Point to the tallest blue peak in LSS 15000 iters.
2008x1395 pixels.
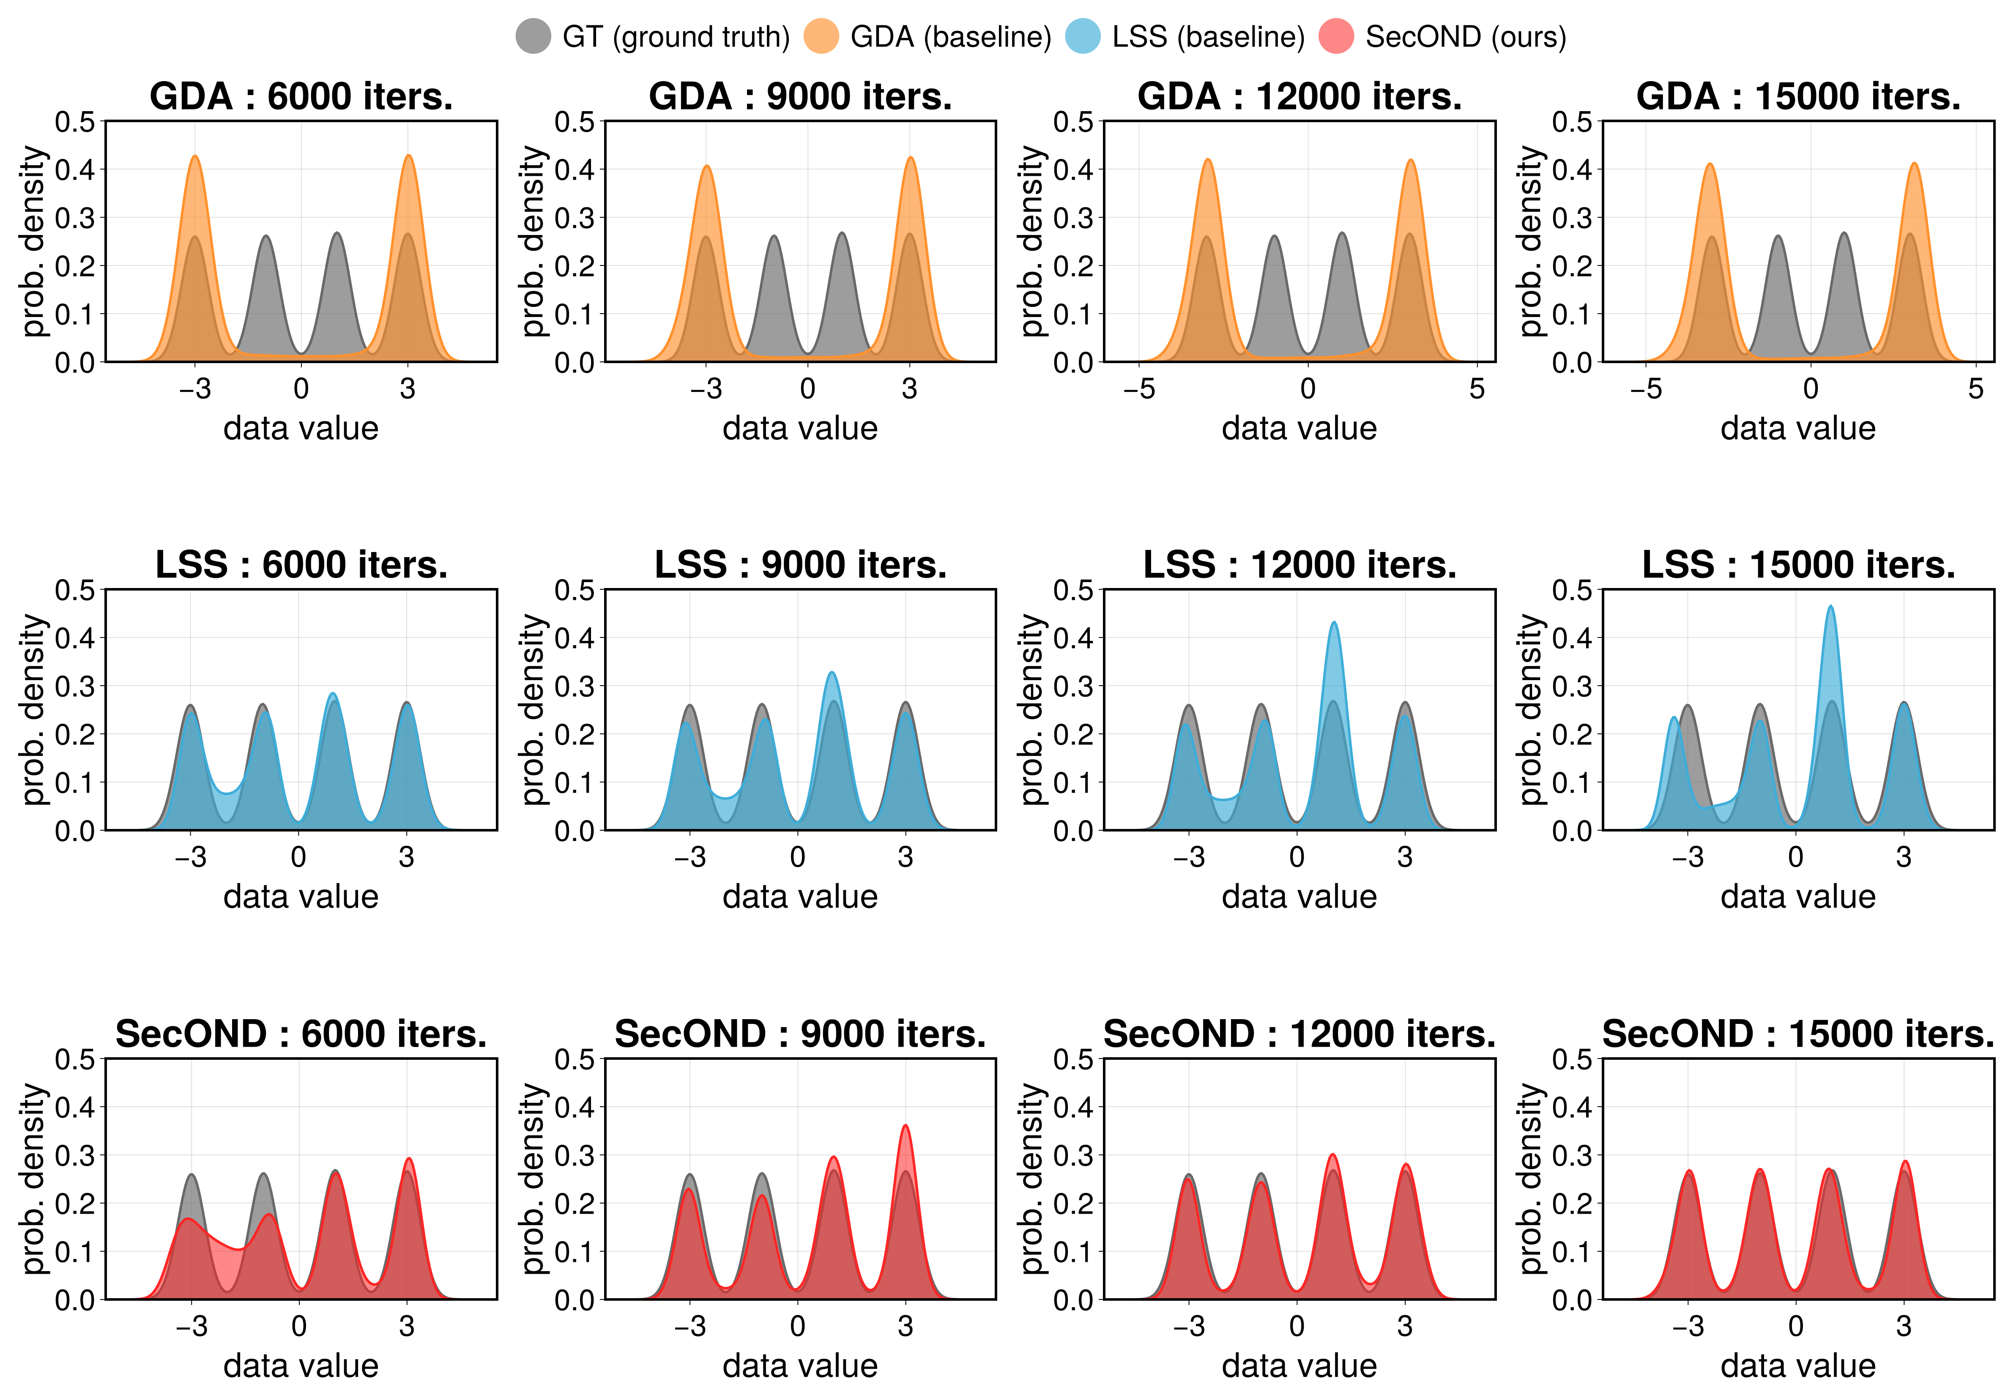point(1830,607)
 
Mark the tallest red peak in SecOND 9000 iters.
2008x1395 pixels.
point(906,1127)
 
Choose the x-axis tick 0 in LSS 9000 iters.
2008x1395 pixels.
point(797,857)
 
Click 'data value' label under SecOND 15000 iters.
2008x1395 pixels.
point(1798,1365)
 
